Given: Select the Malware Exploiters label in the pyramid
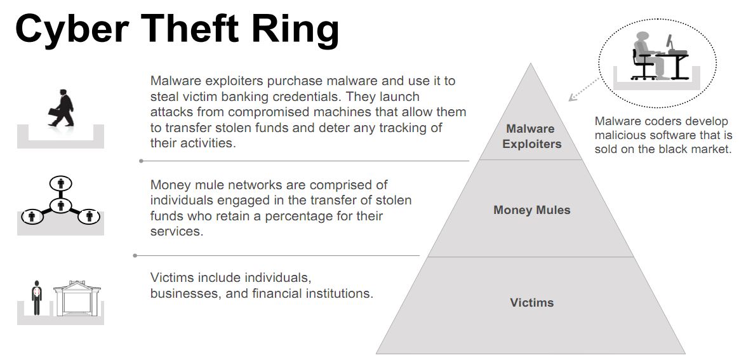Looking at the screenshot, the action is point(531,136).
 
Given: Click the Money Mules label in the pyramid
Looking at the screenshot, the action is point(531,210).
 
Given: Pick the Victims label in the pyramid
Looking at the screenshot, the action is point(531,302).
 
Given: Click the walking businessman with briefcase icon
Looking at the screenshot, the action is point(62,108).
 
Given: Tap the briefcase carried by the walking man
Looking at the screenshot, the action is point(53,113).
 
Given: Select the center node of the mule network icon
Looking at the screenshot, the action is point(60,206).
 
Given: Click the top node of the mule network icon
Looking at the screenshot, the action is point(60,183).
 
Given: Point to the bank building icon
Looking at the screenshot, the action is point(77,299).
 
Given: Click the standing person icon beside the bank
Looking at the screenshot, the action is point(36,298).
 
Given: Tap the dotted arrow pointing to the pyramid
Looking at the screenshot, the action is point(585,89).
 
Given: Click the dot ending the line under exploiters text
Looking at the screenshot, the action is point(141,161).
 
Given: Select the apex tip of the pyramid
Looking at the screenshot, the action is point(531,63).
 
